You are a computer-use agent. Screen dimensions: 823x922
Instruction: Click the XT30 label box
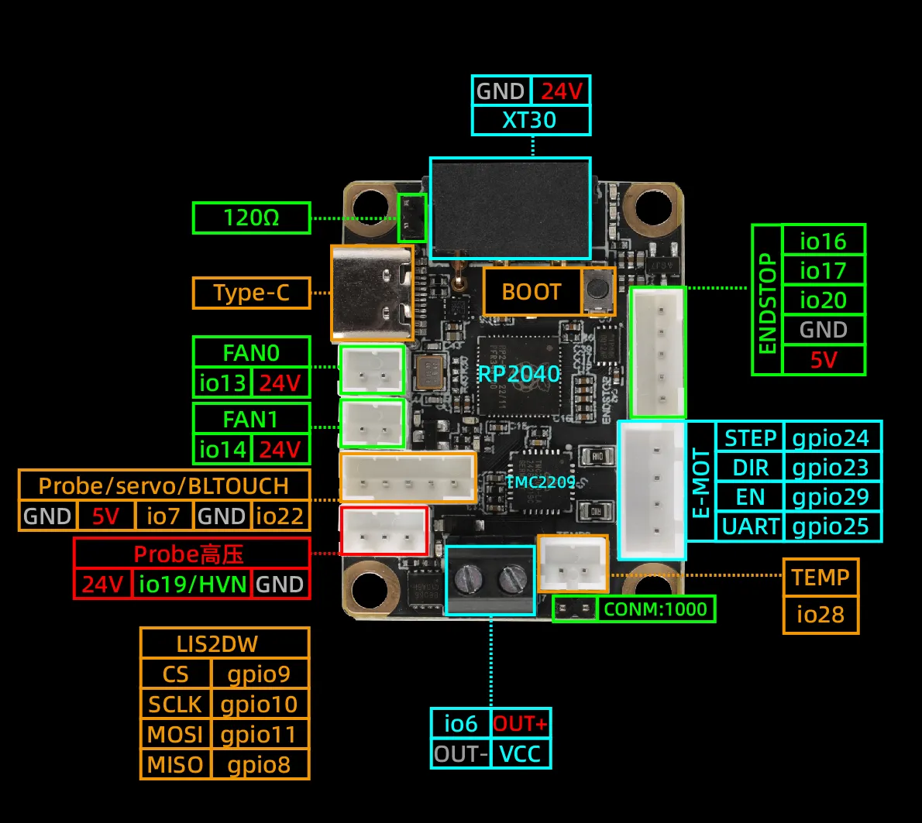pyautogui.click(x=531, y=120)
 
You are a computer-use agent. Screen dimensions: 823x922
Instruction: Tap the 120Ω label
pyautogui.click(x=251, y=218)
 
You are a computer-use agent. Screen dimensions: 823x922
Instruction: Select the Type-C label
pyautogui.click(x=251, y=293)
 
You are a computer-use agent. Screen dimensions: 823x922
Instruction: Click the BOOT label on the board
pyautogui.click(x=532, y=292)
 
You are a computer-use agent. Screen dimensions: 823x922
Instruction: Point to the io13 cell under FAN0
pyautogui.click(x=222, y=382)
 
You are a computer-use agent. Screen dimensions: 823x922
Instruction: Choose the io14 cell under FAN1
pyautogui.click(x=222, y=449)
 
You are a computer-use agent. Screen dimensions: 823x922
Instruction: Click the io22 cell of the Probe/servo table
pyautogui.click(x=279, y=516)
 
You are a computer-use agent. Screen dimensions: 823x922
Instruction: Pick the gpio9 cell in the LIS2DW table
pyautogui.click(x=259, y=674)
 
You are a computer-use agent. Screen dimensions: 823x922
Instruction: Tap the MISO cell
pyautogui.click(x=175, y=764)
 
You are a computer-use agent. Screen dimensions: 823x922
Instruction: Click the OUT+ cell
pyautogui.click(x=520, y=724)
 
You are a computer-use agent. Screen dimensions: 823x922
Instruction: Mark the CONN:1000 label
pyautogui.click(x=655, y=609)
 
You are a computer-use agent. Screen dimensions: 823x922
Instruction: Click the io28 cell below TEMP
pyautogui.click(x=821, y=615)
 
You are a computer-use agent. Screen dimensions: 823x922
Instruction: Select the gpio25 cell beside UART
pyautogui.click(x=831, y=526)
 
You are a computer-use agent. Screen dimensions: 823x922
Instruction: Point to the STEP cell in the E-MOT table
pyautogui.click(x=750, y=438)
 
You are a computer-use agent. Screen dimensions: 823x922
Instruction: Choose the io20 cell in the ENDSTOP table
pyautogui.click(x=823, y=300)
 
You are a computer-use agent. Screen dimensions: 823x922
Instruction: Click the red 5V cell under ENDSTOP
pyautogui.click(x=823, y=359)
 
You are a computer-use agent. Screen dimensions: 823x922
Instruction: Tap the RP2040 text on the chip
pyautogui.click(x=518, y=374)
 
